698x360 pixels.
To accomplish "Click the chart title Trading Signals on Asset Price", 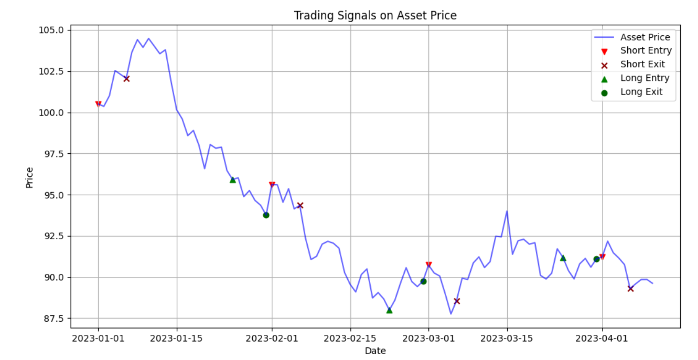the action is [x=375, y=15].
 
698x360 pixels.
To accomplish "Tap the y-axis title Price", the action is [x=29, y=178].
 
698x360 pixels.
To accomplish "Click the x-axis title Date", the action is [x=375, y=351].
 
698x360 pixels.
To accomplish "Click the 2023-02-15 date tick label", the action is [x=350, y=338].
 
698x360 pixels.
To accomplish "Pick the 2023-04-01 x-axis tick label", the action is [x=602, y=338].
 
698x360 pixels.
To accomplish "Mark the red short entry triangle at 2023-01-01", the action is [x=98, y=104].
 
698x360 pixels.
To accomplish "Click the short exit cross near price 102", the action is [x=126, y=79].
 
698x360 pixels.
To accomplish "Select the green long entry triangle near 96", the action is [x=232, y=180].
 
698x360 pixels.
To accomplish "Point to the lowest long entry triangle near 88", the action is [x=389, y=310].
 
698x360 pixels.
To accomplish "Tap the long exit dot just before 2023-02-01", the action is [x=266, y=215].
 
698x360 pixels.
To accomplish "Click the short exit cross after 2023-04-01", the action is [x=630, y=289].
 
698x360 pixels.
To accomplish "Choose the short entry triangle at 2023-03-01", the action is [x=429, y=264].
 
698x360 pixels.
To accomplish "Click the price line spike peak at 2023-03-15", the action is [x=507, y=211].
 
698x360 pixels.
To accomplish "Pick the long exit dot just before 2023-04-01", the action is [x=596, y=259].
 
